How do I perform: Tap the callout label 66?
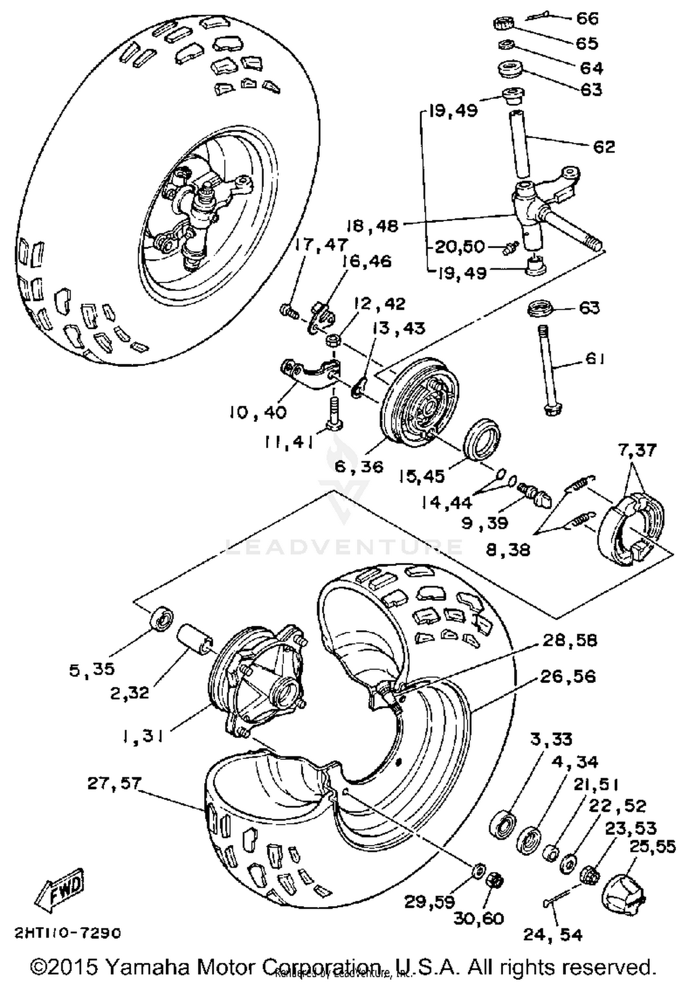click(x=587, y=18)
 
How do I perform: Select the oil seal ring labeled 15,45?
click(x=483, y=438)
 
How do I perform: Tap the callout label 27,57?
click(x=114, y=784)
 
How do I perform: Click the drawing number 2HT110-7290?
click(x=68, y=934)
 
